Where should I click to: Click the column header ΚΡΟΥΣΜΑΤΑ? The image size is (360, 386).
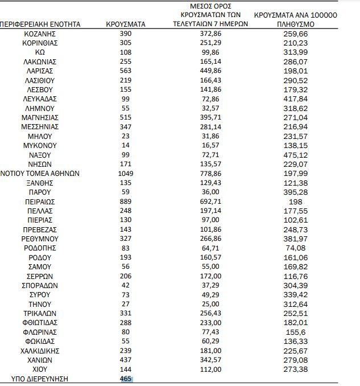point(126,25)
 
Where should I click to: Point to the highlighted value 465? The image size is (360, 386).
point(126,378)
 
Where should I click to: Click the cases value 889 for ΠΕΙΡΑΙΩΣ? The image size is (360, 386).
point(126,202)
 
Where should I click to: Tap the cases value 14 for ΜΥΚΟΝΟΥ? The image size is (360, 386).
point(126,146)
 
